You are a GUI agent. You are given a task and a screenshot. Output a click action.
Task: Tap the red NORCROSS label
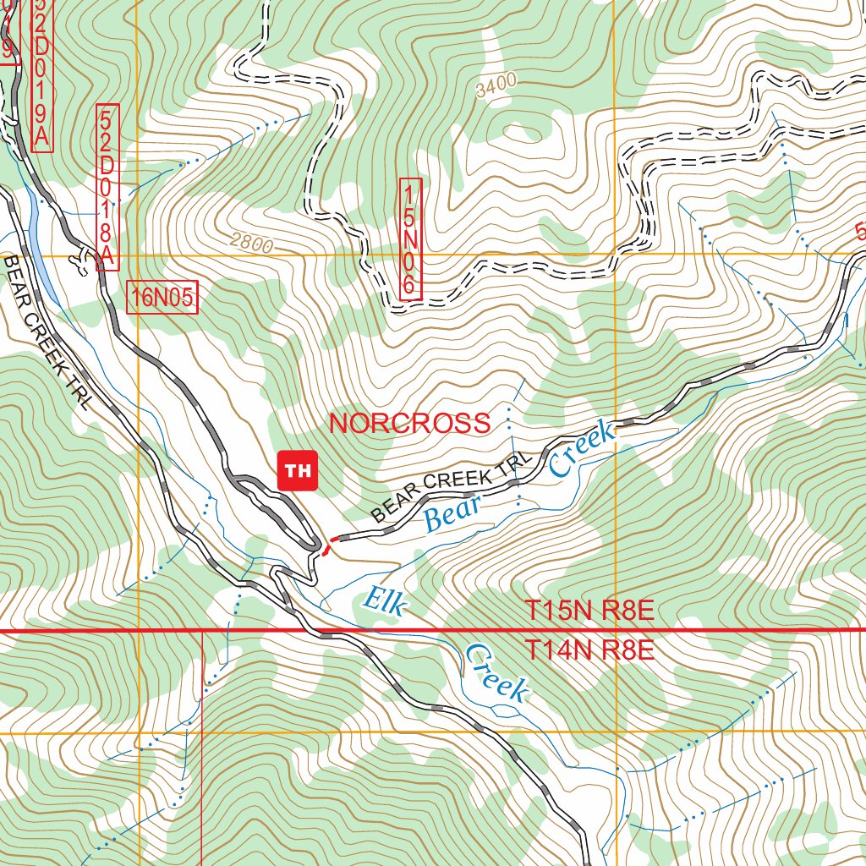click(x=409, y=424)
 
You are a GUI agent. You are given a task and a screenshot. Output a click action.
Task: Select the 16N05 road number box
click(x=162, y=297)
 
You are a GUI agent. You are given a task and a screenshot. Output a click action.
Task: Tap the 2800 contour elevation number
click(x=250, y=245)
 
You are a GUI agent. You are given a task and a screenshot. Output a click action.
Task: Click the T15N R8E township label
click(x=589, y=611)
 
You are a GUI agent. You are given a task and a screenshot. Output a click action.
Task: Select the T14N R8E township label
click(x=589, y=650)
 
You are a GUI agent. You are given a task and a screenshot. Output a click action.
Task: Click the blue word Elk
click(x=385, y=602)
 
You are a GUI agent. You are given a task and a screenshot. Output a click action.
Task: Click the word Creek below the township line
click(x=497, y=674)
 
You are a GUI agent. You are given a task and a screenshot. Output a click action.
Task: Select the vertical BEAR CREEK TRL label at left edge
click(x=46, y=333)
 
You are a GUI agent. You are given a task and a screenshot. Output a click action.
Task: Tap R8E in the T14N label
click(x=628, y=650)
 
